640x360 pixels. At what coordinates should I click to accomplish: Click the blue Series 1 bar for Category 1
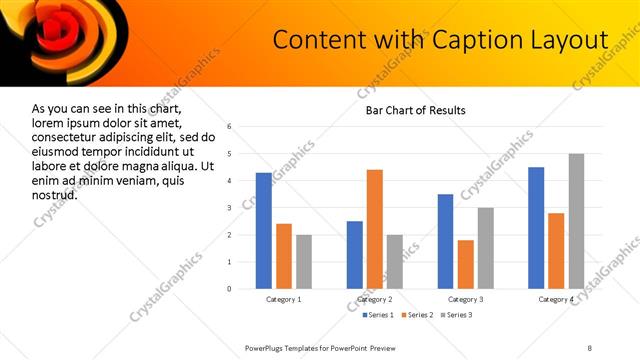264,231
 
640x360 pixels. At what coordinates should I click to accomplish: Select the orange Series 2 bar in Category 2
375,229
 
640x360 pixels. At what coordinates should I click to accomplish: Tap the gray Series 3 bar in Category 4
576,221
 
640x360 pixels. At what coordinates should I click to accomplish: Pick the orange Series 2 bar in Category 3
465,264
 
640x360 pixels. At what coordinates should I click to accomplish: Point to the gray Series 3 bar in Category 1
303,262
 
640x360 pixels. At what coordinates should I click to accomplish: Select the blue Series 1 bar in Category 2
355,255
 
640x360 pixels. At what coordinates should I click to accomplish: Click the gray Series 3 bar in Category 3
485,248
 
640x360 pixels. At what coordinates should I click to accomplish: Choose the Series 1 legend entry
375,315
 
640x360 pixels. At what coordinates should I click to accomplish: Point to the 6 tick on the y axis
230,127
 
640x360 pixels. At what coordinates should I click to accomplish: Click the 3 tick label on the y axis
230,208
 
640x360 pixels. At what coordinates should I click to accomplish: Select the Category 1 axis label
284,299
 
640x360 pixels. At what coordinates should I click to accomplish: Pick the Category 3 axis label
465,299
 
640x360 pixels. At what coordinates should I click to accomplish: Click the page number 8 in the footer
589,347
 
